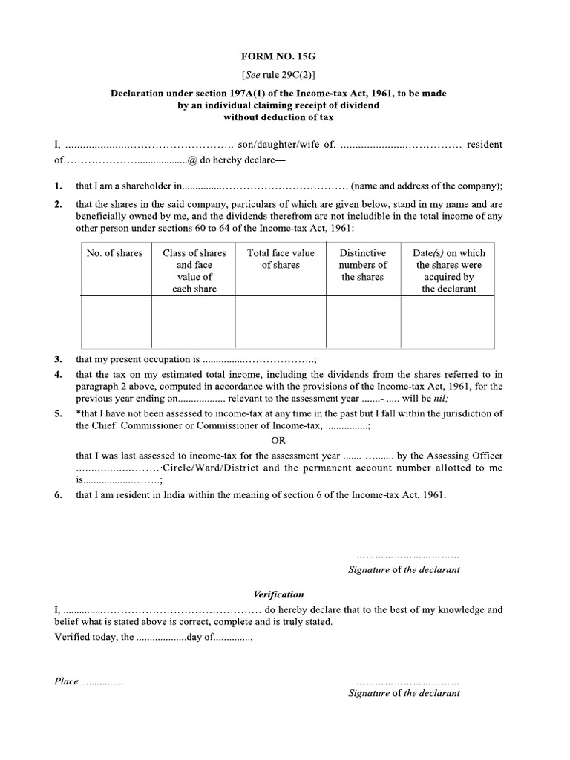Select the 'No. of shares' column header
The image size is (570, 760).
click(114, 253)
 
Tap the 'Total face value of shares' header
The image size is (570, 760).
click(281, 259)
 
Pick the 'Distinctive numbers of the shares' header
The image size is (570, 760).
click(363, 265)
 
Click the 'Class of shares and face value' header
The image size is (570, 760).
click(194, 271)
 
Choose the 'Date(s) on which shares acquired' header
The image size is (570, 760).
click(448, 271)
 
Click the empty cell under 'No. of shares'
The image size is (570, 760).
click(114, 321)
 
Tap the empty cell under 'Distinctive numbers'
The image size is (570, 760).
click(363, 321)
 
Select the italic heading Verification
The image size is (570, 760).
click(278, 594)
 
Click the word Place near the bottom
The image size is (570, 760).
click(66, 681)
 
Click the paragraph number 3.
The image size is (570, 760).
click(58, 358)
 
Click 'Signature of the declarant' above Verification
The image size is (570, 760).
click(404, 569)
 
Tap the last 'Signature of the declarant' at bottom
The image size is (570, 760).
click(404, 693)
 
